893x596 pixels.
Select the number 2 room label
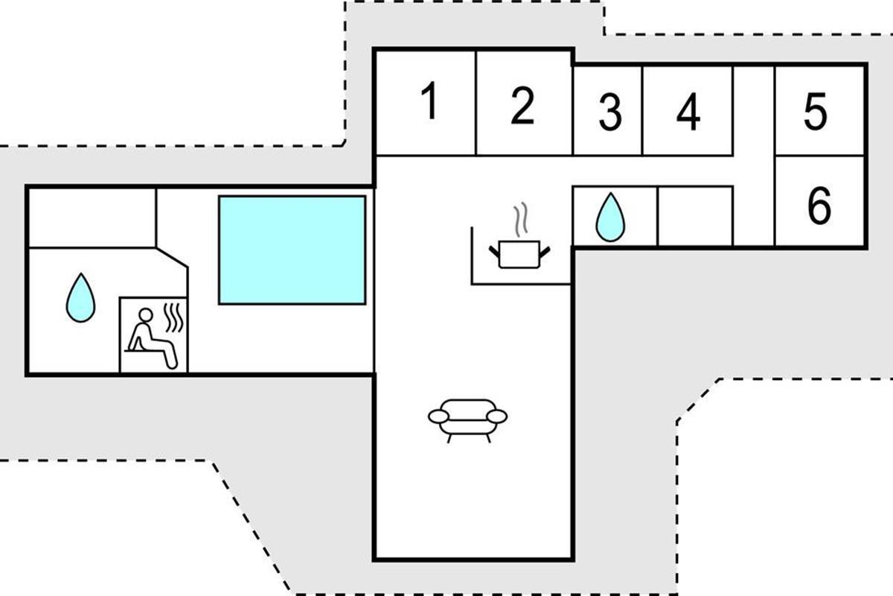click(522, 105)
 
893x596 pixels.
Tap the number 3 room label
click(610, 112)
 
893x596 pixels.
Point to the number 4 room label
click(688, 112)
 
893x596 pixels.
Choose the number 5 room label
click(816, 111)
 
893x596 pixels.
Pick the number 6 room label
click(819, 205)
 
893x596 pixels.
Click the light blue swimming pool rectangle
click(292, 250)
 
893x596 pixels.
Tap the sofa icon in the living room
click(467, 420)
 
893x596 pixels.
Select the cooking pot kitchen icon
click(519, 254)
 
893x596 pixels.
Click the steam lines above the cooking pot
click(520, 218)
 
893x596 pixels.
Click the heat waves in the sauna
click(174, 317)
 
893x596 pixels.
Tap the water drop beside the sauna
click(80, 298)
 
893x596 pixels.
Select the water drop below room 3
click(610, 217)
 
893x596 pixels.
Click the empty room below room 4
click(695, 216)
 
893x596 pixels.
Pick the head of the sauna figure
click(146, 315)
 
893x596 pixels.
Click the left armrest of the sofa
click(438, 416)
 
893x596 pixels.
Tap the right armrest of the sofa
click(497, 416)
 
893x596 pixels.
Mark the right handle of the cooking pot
click(545, 253)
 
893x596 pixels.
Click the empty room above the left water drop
click(92, 218)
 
